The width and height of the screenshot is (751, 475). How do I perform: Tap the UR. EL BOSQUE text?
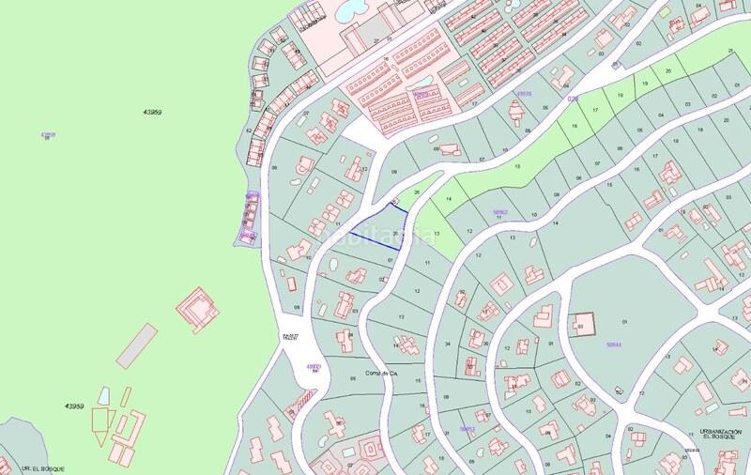pyautogui.click(x=21, y=467)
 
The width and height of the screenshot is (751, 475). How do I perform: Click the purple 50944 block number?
pyautogui.click(x=615, y=345)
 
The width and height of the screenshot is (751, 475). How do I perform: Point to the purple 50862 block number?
pyautogui.click(x=499, y=212)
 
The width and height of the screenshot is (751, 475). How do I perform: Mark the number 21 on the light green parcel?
pyautogui.click(x=729, y=50)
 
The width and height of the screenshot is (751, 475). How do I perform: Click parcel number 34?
pyautogui.click(x=447, y=344)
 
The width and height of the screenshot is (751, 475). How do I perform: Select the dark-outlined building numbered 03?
pyautogui.click(x=585, y=325)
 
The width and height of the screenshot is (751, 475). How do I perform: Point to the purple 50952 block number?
pyautogui.click(x=467, y=428)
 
